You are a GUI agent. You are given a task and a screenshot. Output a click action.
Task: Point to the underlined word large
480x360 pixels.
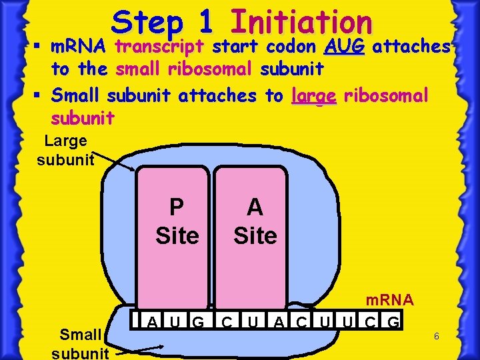click(x=314, y=96)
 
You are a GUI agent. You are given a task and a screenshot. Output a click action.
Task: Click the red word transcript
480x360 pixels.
click(x=161, y=47)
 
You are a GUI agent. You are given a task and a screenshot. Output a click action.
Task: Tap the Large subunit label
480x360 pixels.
click(x=65, y=151)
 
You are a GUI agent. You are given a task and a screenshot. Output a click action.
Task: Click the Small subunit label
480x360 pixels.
click(x=79, y=343)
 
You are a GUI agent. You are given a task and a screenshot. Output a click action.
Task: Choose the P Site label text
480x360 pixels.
click(x=177, y=221)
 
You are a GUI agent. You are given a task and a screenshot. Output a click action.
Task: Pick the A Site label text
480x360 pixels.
click(x=255, y=221)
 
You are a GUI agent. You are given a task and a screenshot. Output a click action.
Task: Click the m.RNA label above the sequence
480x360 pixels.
click(x=389, y=300)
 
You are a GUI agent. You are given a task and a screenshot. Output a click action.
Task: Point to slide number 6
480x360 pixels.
click(x=436, y=337)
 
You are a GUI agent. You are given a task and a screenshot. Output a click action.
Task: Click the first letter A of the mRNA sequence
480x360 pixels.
click(x=152, y=323)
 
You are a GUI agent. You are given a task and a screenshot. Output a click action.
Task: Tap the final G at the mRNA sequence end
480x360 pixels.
click(x=393, y=323)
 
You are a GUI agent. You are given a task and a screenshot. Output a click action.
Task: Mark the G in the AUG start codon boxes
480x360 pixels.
click(x=198, y=323)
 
